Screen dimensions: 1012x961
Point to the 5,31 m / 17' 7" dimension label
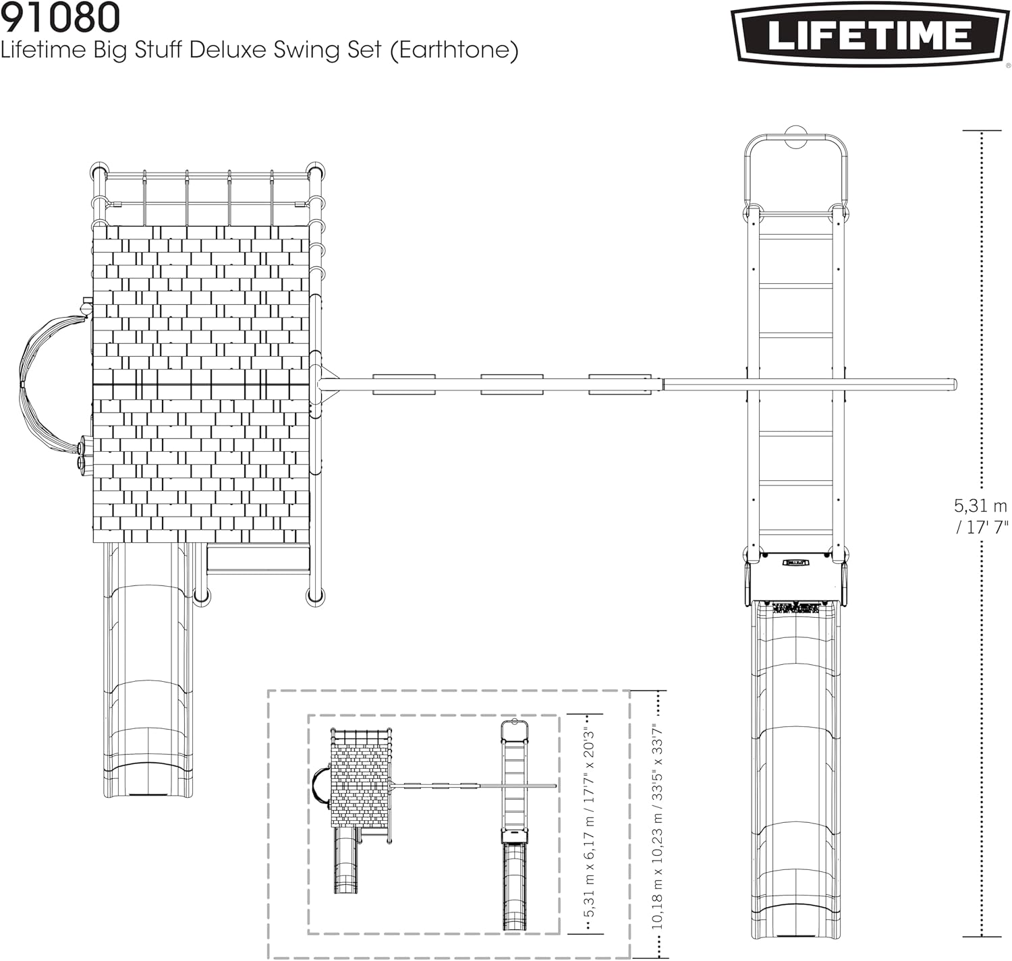click(980, 516)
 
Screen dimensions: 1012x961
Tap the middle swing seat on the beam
click(511, 384)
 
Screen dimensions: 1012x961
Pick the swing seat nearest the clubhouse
click(403, 384)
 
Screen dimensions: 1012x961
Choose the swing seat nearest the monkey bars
click(619, 384)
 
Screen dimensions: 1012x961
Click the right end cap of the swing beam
click(953, 384)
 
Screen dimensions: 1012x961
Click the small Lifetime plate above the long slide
click(795, 561)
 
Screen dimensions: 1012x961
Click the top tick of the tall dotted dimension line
click(981, 131)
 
